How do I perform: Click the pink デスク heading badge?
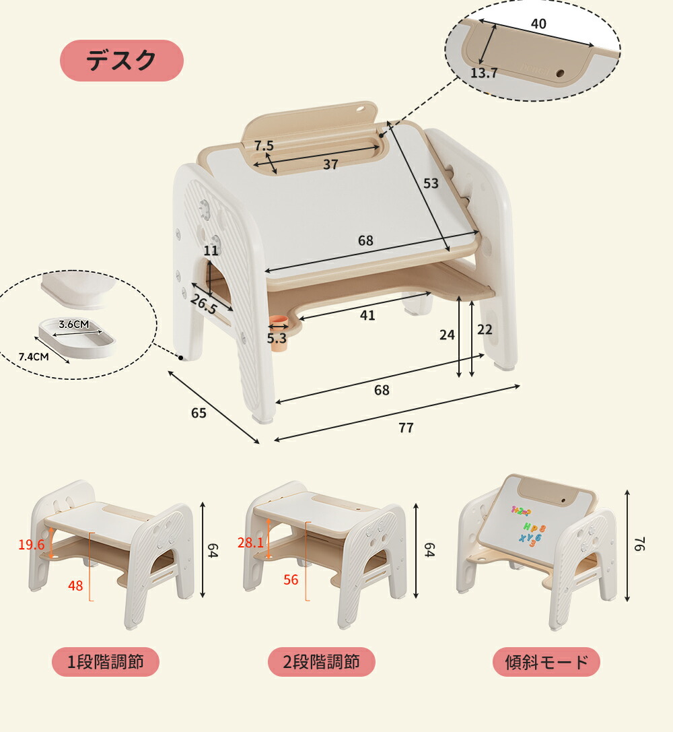pos(122,61)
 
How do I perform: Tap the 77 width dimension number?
pos(406,428)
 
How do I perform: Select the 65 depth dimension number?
pos(199,413)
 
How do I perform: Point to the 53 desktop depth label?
pos(431,183)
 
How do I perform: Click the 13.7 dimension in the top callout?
pos(484,73)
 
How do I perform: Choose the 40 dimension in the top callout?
pos(538,24)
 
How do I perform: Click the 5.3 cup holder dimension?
pos(277,339)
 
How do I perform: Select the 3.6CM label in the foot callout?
pos(73,324)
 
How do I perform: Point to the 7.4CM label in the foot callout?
pos(34,357)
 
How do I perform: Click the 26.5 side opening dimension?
pos(204,304)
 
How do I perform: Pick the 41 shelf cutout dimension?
pos(367,316)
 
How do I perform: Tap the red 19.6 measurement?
pos(31,544)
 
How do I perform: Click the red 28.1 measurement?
pos(250,543)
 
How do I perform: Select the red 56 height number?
pos(291,580)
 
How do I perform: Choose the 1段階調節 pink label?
pos(106,662)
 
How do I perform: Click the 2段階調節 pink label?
pos(321,662)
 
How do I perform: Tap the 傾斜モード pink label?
pos(546,662)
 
